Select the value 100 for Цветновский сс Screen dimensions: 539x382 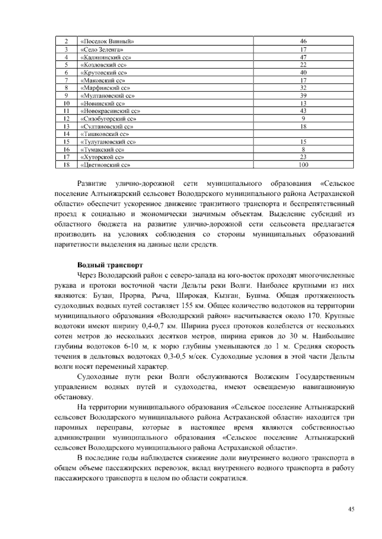(303, 165)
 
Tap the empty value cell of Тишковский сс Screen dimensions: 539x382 (303, 134)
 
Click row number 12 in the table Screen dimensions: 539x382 (67, 119)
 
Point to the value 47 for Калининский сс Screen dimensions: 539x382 (303, 57)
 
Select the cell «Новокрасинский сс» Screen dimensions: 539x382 (110, 111)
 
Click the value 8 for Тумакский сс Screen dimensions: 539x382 (303, 149)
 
